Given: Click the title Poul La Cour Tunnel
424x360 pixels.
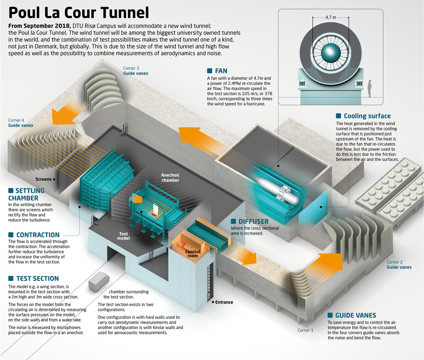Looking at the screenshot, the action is [79, 12].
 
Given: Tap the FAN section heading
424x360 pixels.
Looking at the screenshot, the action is [221, 71].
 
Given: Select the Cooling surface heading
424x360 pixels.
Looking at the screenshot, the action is [367, 116].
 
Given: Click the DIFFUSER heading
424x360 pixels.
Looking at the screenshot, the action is [253, 221].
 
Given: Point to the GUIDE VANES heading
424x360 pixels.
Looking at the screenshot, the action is [355, 316].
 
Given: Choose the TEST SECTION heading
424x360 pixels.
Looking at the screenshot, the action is [37, 278].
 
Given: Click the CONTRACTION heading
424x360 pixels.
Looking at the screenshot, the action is [38, 235].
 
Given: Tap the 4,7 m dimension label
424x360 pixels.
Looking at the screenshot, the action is [331, 17].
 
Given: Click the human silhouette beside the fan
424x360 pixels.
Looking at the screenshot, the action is [369, 88].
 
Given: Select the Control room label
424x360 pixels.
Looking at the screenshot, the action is [192, 254].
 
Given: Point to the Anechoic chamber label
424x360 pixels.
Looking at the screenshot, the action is [170, 177].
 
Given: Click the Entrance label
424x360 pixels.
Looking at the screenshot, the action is [224, 302].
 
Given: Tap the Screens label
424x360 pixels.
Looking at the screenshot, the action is [44, 179].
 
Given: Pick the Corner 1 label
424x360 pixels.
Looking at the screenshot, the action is [305, 330].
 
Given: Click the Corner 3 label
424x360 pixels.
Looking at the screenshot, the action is [131, 68].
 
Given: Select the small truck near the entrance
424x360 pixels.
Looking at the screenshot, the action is [99, 282].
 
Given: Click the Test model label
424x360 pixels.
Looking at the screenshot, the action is [123, 236].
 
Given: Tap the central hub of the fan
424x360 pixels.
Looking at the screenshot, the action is [331, 52].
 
